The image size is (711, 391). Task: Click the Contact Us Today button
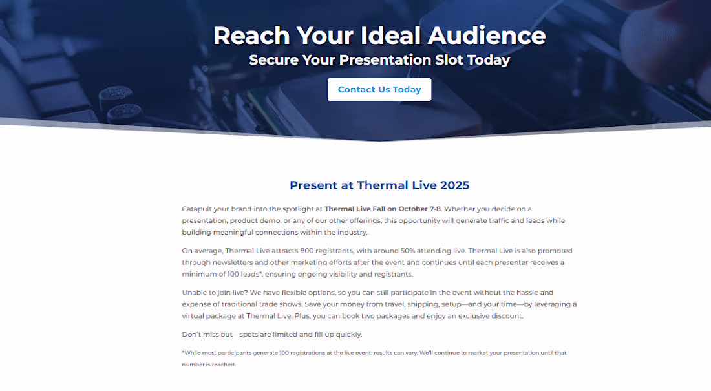379,90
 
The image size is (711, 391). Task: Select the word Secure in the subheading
273,60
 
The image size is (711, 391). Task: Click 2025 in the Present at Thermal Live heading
455,185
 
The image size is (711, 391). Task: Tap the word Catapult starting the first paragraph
197,209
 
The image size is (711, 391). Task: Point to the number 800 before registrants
292,251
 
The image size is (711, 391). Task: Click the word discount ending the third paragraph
506,316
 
